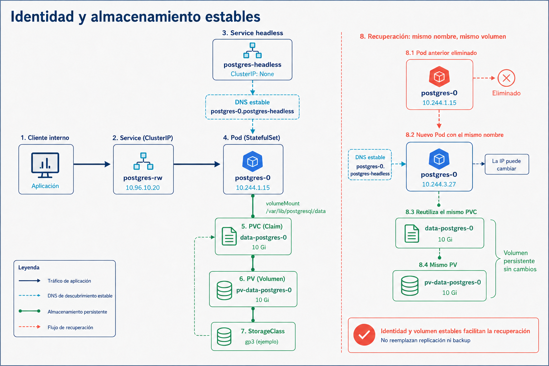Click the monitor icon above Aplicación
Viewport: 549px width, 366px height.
coord(45,165)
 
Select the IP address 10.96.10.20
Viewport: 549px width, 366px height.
coord(143,188)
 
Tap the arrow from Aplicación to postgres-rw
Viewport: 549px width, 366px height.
coord(92,164)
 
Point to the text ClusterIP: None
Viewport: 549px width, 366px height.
coord(252,74)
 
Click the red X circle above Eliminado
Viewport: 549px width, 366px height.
coord(506,78)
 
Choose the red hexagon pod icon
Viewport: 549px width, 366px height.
coord(439,76)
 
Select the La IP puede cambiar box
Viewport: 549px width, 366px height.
coord(506,164)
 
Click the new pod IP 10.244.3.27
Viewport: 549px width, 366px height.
coord(439,184)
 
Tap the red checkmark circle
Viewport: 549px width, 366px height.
coord(364,335)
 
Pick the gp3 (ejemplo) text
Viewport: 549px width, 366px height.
coord(262,341)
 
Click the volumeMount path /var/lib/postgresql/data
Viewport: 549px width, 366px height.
coord(296,211)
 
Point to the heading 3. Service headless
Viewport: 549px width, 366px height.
coord(252,33)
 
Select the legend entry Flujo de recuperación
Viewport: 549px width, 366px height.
coord(70,327)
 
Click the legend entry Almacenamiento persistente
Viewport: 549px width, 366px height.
coord(77,312)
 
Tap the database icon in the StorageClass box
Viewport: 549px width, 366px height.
coord(224,337)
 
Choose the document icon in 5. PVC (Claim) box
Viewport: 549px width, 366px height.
coord(229,236)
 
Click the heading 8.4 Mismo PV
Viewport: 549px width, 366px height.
coord(438,265)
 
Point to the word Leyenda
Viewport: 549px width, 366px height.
coord(29,267)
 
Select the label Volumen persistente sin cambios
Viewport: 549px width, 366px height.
coord(520,261)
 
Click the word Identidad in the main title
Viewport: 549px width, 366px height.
coord(42,17)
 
